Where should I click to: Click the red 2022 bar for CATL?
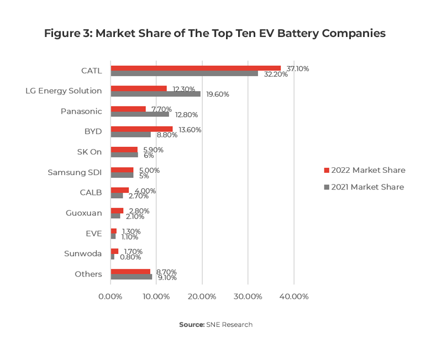click(x=196, y=68)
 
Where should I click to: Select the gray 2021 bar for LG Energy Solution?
click(x=155, y=94)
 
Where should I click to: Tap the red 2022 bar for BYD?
click(x=141, y=129)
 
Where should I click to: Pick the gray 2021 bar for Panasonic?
click(x=140, y=114)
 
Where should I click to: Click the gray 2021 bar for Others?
click(x=132, y=277)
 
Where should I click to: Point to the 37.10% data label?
click(x=297, y=68)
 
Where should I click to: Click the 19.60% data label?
click(x=217, y=94)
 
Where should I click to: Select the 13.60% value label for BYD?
click(x=190, y=130)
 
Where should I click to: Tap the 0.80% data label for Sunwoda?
click(x=130, y=257)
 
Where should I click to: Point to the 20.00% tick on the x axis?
click(x=202, y=297)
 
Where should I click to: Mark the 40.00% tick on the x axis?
click(x=294, y=297)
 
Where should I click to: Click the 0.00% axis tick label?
click(x=111, y=297)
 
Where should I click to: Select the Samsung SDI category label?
click(x=75, y=172)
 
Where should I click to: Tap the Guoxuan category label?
click(x=83, y=213)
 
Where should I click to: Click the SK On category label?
click(x=89, y=152)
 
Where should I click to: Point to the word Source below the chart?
click(x=191, y=325)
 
